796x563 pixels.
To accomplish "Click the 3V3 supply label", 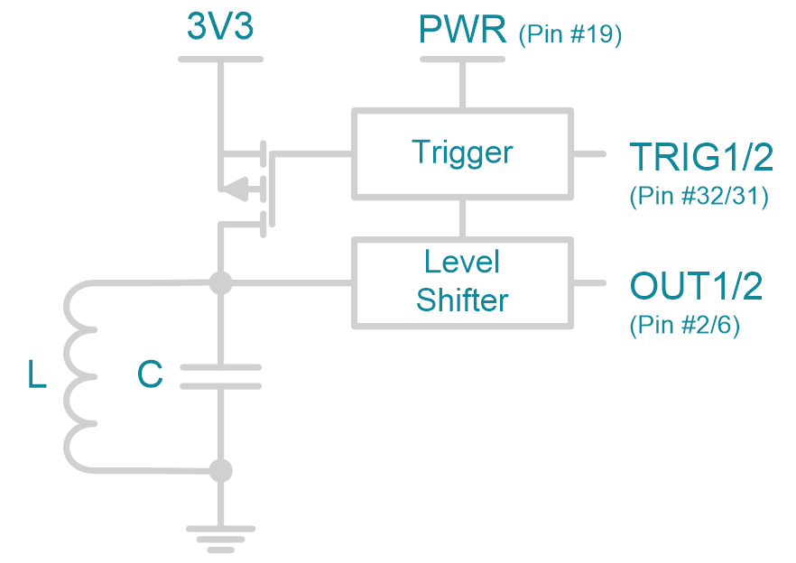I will [220, 27].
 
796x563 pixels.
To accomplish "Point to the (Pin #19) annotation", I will [570, 35].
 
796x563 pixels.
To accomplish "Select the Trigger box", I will [462, 152].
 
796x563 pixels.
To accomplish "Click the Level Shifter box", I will [462, 281].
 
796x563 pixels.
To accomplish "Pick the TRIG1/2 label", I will [701, 158].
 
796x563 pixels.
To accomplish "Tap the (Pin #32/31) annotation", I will [699, 197].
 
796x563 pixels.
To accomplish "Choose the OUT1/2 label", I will [696, 286].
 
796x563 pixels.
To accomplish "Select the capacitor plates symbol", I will [220, 376].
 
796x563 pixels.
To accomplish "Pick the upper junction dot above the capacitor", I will [220, 283].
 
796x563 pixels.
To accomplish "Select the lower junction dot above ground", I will [220, 470].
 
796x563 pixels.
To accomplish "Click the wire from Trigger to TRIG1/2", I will [588, 153].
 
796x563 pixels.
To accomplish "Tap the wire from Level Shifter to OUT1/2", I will [588, 282].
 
